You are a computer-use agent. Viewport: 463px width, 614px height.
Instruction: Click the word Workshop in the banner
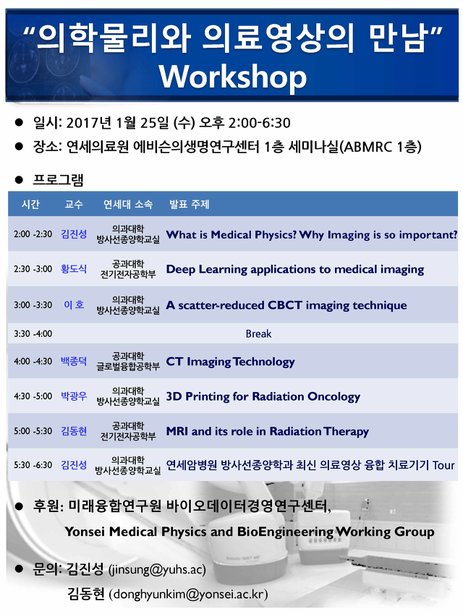(x=233, y=77)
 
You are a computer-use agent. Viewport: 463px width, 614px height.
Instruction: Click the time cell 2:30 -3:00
(x=33, y=269)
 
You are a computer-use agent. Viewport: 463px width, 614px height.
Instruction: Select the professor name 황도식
(x=74, y=268)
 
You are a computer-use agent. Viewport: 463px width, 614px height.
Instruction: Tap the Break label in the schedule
(x=258, y=333)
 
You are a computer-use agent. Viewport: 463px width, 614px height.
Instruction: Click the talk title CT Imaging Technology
(x=230, y=362)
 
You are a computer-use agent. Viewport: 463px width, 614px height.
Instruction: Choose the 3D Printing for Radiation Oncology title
(x=263, y=396)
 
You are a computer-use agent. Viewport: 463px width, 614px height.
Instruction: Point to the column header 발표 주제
(x=190, y=204)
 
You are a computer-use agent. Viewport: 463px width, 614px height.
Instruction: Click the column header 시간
(x=30, y=204)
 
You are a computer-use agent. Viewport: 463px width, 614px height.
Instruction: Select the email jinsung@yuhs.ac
(x=157, y=569)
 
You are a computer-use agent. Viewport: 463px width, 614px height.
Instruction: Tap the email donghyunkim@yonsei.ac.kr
(x=188, y=594)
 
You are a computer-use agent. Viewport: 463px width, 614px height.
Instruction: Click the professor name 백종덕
(x=74, y=361)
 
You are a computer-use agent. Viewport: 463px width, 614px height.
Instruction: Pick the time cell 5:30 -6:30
(x=33, y=465)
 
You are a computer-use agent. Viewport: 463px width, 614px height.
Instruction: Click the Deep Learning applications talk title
(x=295, y=270)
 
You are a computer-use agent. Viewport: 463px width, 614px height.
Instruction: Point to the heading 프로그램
(x=58, y=180)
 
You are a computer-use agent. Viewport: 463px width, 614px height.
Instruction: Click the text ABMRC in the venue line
(x=368, y=147)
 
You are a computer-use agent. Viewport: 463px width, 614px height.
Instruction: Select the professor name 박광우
(x=74, y=396)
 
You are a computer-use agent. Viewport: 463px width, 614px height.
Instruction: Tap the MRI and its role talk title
(x=268, y=431)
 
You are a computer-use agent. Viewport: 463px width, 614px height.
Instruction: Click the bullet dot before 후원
(x=19, y=506)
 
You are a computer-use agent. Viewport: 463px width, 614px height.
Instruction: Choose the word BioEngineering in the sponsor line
(x=285, y=532)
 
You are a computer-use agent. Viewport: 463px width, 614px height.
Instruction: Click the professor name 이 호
(x=74, y=304)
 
